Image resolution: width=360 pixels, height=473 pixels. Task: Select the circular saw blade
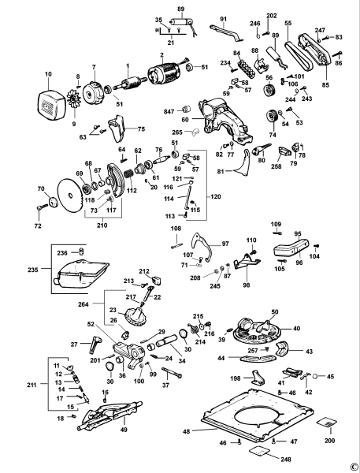click(70, 196)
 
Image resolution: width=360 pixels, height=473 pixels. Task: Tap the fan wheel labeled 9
click(73, 98)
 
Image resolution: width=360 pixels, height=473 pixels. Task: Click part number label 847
click(169, 112)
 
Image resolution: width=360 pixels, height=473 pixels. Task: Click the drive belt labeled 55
click(297, 55)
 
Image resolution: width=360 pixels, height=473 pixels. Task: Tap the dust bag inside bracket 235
click(81, 274)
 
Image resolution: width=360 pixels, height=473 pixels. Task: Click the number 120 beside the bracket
click(215, 196)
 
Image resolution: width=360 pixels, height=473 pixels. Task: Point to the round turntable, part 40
click(258, 331)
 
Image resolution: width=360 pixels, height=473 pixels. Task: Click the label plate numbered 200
click(327, 423)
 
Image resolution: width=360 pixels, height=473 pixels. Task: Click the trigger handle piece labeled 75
click(117, 128)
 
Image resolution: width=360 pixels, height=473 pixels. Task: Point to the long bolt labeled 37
click(172, 373)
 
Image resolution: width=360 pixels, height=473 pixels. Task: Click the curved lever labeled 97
click(201, 246)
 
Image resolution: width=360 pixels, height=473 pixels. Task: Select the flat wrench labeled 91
click(226, 32)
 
